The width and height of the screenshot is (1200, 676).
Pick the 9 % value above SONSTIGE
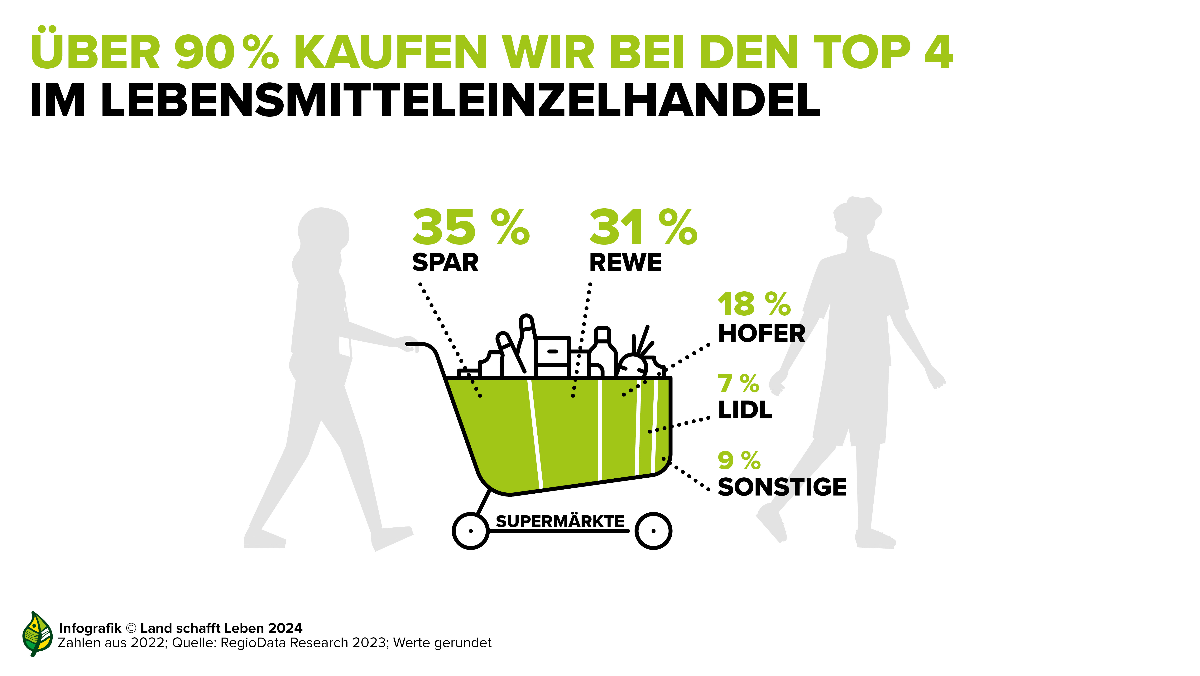coord(739,461)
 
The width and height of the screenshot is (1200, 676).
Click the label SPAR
coord(445,263)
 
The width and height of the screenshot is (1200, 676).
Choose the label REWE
coord(625,263)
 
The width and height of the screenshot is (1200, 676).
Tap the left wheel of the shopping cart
coord(471,531)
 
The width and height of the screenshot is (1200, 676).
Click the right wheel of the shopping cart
coord(653,531)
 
